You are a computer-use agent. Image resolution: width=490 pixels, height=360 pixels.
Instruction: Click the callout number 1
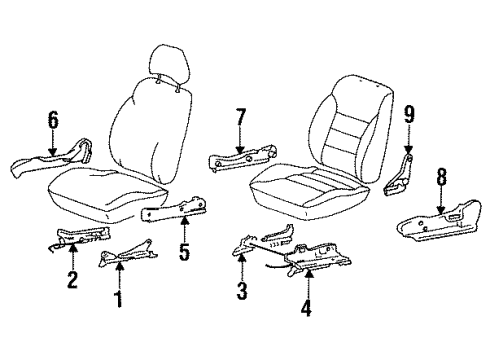(x=118, y=299)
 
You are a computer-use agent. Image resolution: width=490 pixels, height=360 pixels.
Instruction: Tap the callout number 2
(x=72, y=279)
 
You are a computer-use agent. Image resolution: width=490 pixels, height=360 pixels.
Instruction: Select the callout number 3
(x=242, y=291)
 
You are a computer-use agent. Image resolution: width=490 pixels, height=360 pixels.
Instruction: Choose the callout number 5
(x=184, y=252)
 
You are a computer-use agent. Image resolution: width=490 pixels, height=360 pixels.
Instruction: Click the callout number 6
(x=53, y=120)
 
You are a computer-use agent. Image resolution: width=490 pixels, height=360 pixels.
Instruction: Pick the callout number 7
(x=240, y=116)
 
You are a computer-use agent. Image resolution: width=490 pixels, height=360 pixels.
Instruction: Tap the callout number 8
(x=441, y=177)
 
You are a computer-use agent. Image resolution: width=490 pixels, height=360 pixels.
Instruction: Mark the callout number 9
(x=409, y=114)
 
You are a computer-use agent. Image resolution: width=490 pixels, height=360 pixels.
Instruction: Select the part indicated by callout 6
(x=53, y=157)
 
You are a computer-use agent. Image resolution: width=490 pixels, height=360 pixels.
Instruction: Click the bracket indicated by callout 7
(x=242, y=158)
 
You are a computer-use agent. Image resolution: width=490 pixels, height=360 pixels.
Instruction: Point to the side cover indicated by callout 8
(x=439, y=221)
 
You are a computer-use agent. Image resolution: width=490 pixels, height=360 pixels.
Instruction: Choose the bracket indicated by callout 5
(x=173, y=209)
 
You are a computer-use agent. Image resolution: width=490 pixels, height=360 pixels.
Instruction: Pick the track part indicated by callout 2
(x=80, y=237)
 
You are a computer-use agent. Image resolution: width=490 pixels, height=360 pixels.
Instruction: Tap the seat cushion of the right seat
(x=310, y=192)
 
